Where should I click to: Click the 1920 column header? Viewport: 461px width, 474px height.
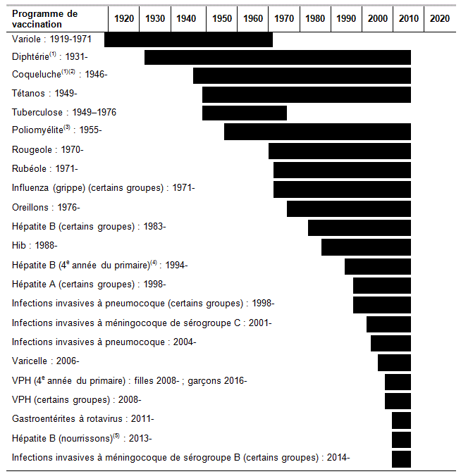coord(123,18)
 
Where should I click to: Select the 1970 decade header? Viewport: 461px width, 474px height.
coord(284,18)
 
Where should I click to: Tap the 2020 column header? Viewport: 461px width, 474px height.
coord(440,18)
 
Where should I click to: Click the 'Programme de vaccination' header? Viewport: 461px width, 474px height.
coord(45,19)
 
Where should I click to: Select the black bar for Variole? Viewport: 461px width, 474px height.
coord(188,40)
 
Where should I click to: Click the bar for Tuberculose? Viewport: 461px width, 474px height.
coord(244,113)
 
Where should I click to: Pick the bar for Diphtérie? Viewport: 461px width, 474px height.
coord(277,57)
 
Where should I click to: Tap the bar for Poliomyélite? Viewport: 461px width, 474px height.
coord(317,132)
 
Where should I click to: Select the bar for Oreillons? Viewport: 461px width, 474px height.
coord(348,208)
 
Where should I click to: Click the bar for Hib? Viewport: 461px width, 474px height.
coord(366,247)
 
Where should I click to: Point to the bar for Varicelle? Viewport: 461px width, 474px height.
coord(394,362)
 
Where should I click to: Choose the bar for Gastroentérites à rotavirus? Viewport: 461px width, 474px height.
coord(401,420)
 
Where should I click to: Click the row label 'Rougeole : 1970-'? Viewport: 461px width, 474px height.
coord(48,149)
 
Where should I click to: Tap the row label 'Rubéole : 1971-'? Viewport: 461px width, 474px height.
coord(45,168)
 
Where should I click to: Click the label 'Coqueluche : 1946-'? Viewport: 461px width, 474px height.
coord(59,74)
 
